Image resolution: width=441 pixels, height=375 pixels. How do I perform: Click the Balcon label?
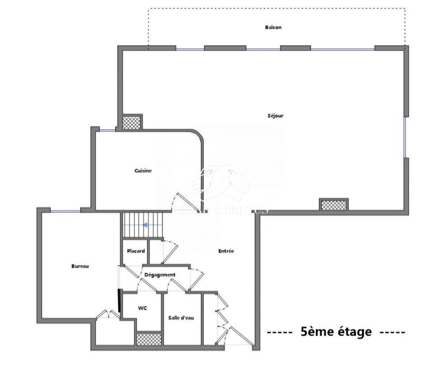pyautogui.click(x=273, y=27)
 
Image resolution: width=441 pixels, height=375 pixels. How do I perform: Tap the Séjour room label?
pyautogui.click(x=275, y=116)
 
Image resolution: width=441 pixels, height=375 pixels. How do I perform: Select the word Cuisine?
pyautogui.click(x=143, y=171)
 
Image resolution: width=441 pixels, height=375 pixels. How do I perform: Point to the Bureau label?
pyautogui.click(x=80, y=266)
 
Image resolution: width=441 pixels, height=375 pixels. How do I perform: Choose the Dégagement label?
pyautogui.click(x=160, y=275)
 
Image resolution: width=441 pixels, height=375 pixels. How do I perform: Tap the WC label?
pyautogui.click(x=142, y=308)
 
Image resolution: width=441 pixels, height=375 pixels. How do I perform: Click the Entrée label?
pyautogui.click(x=226, y=251)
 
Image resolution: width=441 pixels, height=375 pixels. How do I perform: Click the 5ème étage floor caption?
pyautogui.click(x=336, y=331)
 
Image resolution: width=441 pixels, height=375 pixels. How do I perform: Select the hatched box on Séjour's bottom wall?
pyautogui.click(x=333, y=205)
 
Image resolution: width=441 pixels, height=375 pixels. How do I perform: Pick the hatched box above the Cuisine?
pyautogui.click(x=131, y=122)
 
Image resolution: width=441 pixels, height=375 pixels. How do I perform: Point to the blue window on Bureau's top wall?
pyautogui.click(x=65, y=211)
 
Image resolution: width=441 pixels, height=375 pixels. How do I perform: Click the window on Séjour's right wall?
pyautogui.click(x=405, y=137)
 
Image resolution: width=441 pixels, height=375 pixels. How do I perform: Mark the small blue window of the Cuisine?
pyautogui.click(x=106, y=130)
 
